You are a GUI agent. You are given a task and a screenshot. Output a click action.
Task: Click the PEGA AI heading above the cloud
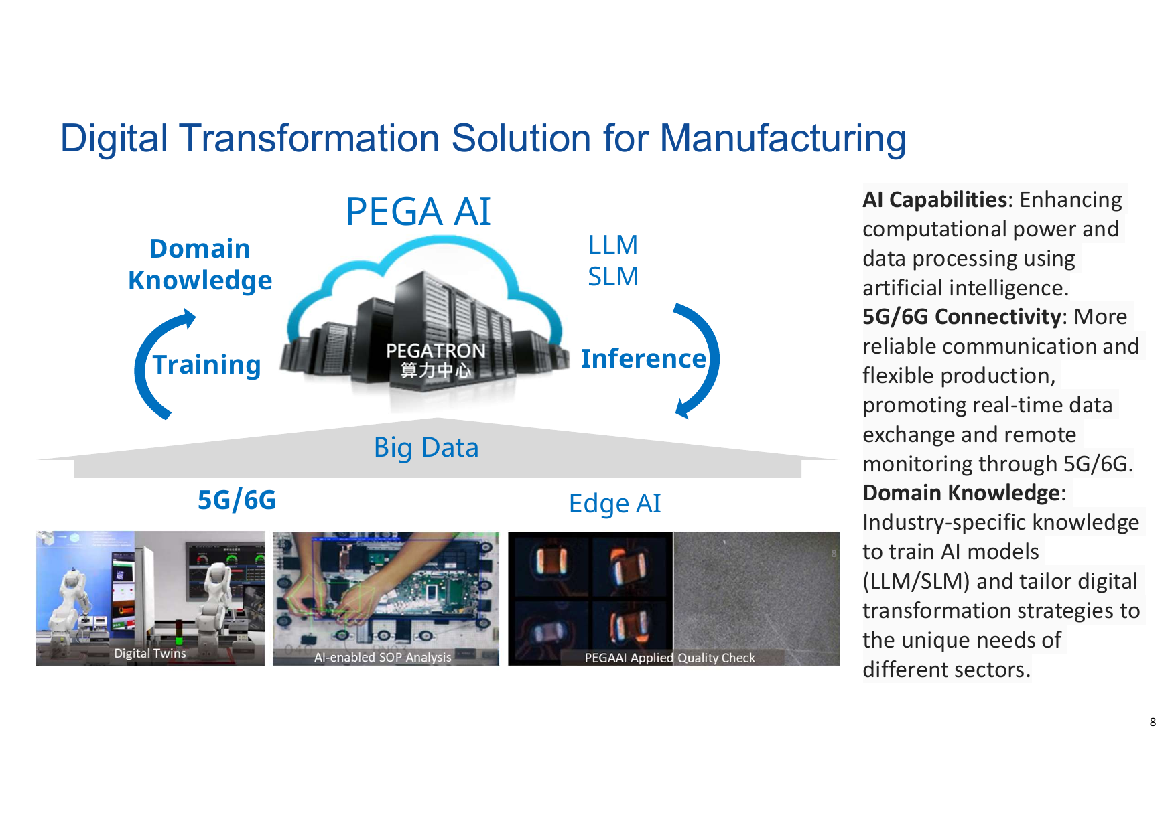pyautogui.click(x=418, y=212)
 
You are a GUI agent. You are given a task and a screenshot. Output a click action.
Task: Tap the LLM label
pyautogui.click(x=613, y=245)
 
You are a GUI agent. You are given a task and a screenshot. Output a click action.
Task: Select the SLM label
pyautogui.click(x=613, y=276)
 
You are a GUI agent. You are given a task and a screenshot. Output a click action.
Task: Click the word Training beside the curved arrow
pyautogui.click(x=206, y=365)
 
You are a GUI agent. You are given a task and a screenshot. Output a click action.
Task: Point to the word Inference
pyautogui.click(x=643, y=358)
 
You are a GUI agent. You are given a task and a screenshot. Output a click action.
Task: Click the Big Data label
pyautogui.click(x=426, y=447)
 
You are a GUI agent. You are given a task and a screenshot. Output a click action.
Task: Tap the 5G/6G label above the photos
pyautogui.click(x=237, y=500)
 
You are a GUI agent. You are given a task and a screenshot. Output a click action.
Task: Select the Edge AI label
pyautogui.click(x=614, y=504)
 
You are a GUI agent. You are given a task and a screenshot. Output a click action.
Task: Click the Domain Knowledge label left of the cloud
pyautogui.click(x=200, y=265)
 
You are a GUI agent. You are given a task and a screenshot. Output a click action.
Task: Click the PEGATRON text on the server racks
pyautogui.click(x=436, y=350)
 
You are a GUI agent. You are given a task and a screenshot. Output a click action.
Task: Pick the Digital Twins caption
pyautogui.click(x=150, y=653)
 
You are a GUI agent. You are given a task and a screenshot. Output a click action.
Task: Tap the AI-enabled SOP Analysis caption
pyautogui.click(x=383, y=658)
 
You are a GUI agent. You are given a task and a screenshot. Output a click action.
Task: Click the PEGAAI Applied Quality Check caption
pyautogui.click(x=669, y=658)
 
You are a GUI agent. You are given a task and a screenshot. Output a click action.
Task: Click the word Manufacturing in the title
pyautogui.click(x=783, y=139)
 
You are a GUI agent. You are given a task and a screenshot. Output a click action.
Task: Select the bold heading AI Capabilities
pyautogui.click(x=935, y=200)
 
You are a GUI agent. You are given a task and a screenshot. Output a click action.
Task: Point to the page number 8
pyautogui.click(x=1153, y=722)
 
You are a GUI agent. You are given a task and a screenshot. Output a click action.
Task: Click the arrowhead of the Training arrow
pyautogui.click(x=188, y=317)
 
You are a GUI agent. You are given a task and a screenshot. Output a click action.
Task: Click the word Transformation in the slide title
pyautogui.click(x=311, y=139)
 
